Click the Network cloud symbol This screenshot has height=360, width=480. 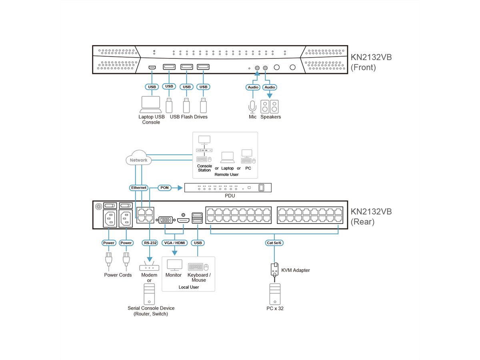pos(138,160)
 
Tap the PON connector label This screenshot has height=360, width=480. pos(164,187)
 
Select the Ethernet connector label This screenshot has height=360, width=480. pos(139,187)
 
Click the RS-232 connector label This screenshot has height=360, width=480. pos(150,243)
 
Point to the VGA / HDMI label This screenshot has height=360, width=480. pos(174,243)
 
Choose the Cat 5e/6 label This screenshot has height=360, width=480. pos(275,243)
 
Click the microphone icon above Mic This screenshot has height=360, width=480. pos(252,106)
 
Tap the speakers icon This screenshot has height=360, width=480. pos(270,106)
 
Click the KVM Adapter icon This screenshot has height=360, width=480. pos(275,270)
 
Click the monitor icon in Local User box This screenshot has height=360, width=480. pos(174,265)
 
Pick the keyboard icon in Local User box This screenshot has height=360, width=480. pos(196,267)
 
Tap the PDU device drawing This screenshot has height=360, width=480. pos(227,188)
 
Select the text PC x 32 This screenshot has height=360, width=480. pos(275,308)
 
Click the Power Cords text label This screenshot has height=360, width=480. pos(118,275)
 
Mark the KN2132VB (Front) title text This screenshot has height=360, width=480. pos(371,62)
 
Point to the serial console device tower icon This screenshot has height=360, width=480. pos(149,294)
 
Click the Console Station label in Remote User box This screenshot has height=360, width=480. pos(204,168)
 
